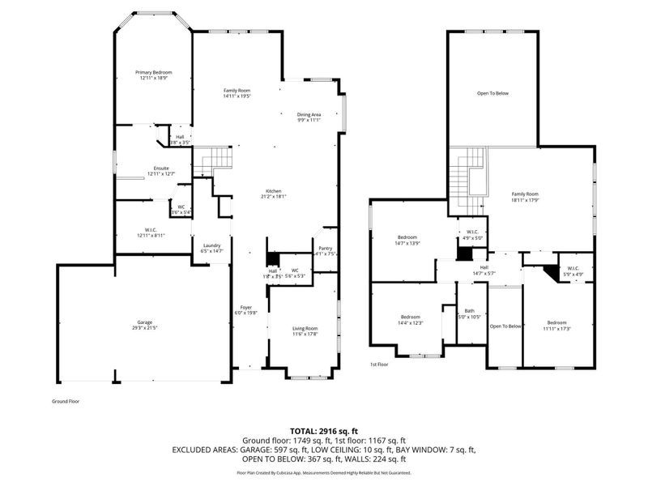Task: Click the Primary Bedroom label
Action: (153, 72)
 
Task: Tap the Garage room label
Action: (146, 322)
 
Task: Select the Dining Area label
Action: (308, 115)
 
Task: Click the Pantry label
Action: (325, 249)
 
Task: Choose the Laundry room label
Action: (212, 245)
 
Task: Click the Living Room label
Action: (305, 328)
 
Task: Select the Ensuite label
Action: (161, 168)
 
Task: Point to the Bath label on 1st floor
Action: (469, 311)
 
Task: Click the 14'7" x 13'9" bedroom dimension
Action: (407, 243)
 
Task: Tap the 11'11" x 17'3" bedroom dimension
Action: (557, 328)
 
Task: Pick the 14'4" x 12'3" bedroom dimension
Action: (410, 323)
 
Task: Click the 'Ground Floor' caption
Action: (65, 401)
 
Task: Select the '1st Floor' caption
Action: (379, 364)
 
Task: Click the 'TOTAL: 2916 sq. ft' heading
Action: (323, 430)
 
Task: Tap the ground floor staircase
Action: (215, 160)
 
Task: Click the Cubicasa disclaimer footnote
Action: (323, 472)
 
